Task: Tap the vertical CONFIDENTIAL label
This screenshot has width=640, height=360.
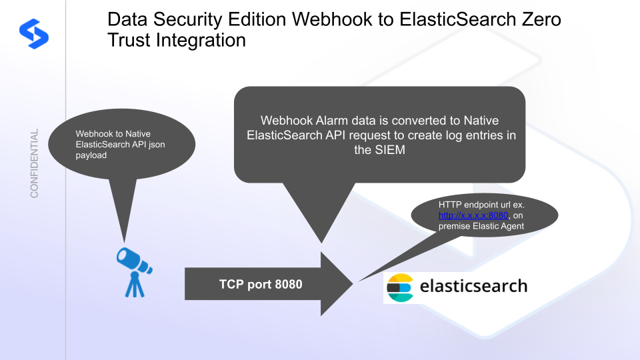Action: pyautogui.click(x=35, y=163)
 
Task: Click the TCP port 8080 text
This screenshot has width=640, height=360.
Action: pyautogui.click(x=261, y=285)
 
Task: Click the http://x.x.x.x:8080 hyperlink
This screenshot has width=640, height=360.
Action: pyautogui.click(x=473, y=215)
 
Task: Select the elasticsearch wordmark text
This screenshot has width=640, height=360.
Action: pyautogui.click(x=473, y=287)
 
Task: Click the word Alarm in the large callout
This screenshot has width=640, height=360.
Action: pyautogui.click(x=325, y=121)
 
